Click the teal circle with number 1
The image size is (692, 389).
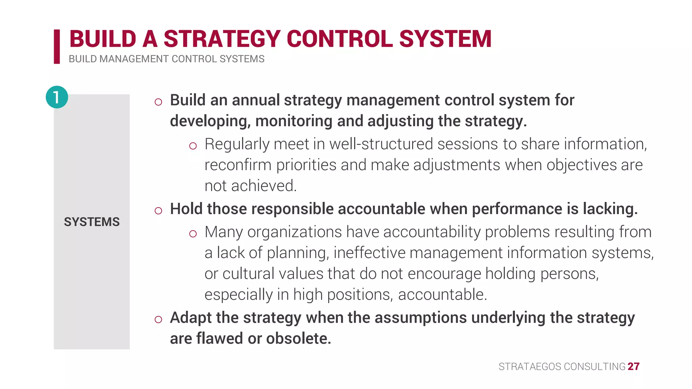click(x=57, y=97)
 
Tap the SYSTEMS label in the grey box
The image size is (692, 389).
click(x=92, y=222)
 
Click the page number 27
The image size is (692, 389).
click(x=634, y=366)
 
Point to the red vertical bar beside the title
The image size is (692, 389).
click(x=57, y=46)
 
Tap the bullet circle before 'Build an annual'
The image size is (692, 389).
click(x=158, y=102)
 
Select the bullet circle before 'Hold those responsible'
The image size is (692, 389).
click(x=158, y=211)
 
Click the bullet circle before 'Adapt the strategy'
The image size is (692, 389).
click(x=158, y=319)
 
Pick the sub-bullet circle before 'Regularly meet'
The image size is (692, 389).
click(x=193, y=146)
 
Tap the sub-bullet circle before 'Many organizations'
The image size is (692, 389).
click(x=193, y=234)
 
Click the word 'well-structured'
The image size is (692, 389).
click(x=381, y=144)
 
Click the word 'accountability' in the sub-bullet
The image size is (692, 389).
click(x=432, y=232)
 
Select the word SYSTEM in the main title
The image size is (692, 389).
click(x=445, y=39)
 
